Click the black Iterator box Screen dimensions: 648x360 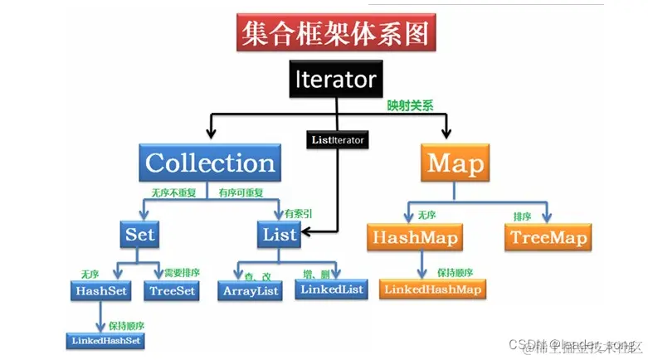click(x=335, y=80)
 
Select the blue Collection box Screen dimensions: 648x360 click(x=210, y=162)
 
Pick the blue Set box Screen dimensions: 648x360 click(x=140, y=234)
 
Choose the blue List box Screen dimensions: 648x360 click(x=280, y=234)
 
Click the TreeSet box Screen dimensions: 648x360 click(x=172, y=290)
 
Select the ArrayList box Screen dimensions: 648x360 click(x=251, y=290)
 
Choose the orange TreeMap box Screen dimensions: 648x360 click(x=548, y=238)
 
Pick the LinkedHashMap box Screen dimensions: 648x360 click(x=432, y=289)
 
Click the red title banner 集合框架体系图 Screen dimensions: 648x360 click(x=336, y=34)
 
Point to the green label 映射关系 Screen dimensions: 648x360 click(x=411, y=106)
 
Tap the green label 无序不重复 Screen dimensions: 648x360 click(x=173, y=193)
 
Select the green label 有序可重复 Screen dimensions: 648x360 click(x=241, y=193)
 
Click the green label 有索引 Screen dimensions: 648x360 click(x=299, y=214)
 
